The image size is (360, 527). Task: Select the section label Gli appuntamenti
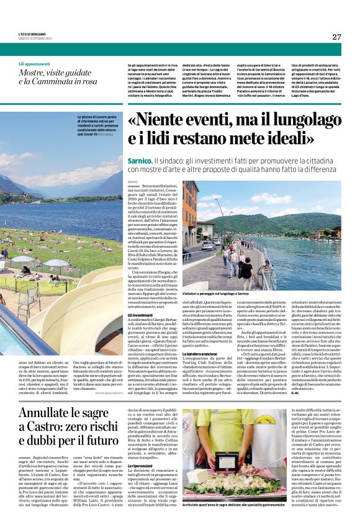[x=35, y=64]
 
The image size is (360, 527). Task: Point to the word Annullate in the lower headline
[x=45, y=414]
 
